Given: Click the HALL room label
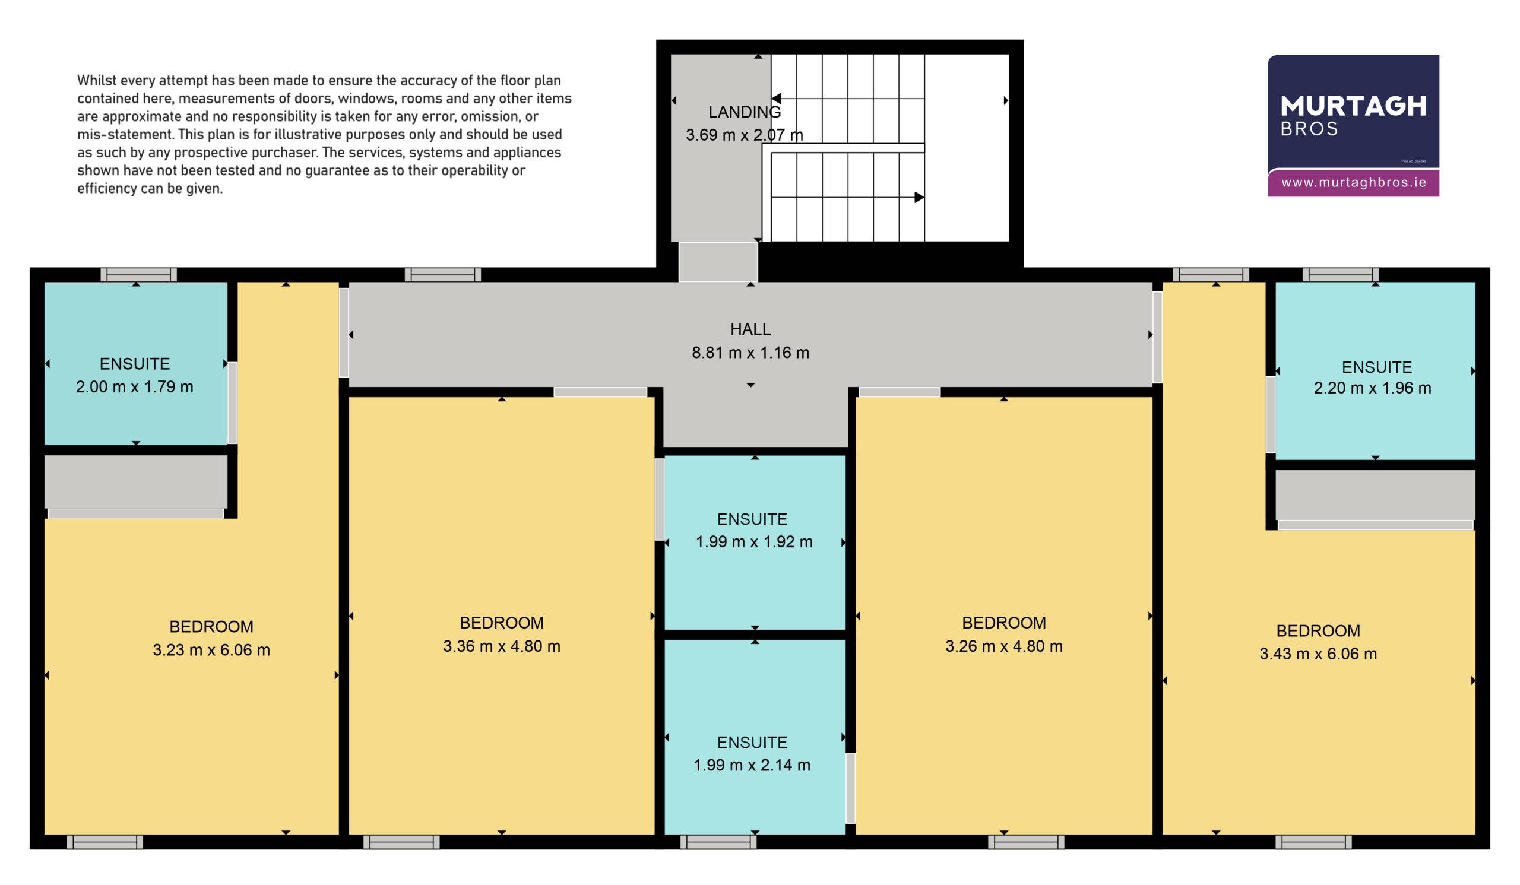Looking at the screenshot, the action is click(750, 329).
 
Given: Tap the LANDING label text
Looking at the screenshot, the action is click(745, 112).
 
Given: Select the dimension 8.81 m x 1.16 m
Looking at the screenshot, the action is click(750, 353).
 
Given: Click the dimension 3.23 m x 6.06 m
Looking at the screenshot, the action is click(211, 650).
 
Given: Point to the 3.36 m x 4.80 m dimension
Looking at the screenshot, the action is click(502, 646).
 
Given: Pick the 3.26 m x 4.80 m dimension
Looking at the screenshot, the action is click(1003, 646).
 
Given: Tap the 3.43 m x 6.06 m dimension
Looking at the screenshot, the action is click(1318, 654).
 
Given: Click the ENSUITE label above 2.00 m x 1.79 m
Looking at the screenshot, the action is click(135, 364).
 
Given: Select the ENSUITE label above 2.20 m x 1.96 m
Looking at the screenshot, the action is click(1377, 367).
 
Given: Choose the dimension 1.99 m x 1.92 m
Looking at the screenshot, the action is click(754, 542).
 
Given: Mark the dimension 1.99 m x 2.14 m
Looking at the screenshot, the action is click(752, 765).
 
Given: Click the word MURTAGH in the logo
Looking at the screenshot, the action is click(1354, 106).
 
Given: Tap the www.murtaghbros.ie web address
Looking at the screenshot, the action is click(1354, 183).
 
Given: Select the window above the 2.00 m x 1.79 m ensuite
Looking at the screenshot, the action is click(139, 275).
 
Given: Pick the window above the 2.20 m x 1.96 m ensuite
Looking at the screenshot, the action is click(1340, 275).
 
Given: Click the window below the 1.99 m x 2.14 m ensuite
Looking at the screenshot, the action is click(718, 842).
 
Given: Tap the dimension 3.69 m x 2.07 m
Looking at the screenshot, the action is click(745, 135).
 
